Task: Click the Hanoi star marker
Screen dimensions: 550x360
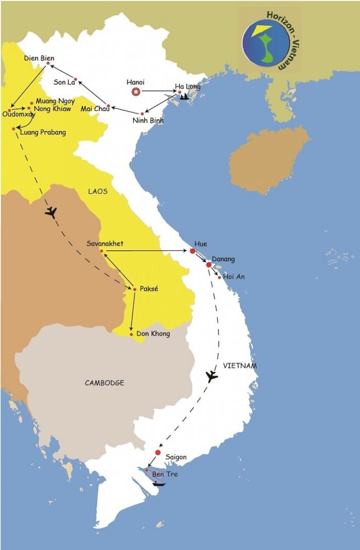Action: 135,92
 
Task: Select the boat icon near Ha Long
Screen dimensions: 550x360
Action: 184,97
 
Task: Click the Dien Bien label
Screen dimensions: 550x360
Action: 39,58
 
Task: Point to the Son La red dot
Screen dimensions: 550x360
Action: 76,79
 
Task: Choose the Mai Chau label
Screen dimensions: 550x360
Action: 95,109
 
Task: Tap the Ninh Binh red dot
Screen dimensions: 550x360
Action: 142,113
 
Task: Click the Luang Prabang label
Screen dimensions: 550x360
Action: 42,132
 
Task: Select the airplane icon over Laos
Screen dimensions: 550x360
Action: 51,213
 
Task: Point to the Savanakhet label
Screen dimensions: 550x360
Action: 105,243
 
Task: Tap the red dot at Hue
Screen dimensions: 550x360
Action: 192,251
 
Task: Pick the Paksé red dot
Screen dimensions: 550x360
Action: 134,289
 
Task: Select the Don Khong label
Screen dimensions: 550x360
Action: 153,334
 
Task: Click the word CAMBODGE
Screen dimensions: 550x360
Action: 104,383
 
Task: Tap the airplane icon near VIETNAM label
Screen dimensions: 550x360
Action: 212,376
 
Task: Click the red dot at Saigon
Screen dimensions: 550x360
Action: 158,452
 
